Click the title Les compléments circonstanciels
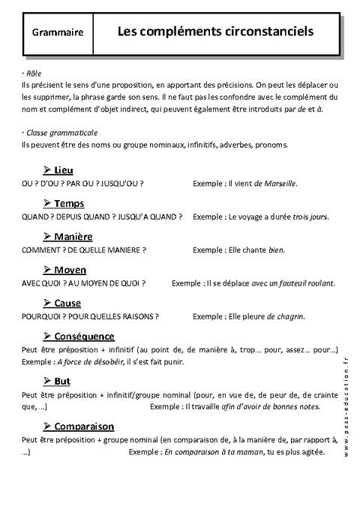[x=215, y=32]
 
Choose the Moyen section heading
[x=70, y=270]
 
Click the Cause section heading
[x=67, y=303]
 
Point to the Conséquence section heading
[x=84, y=337]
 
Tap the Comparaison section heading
[x=83, y=426]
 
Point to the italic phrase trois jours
[x=309, y=216]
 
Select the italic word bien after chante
[x=277, y=249]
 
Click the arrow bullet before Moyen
[x=47, y=269]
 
